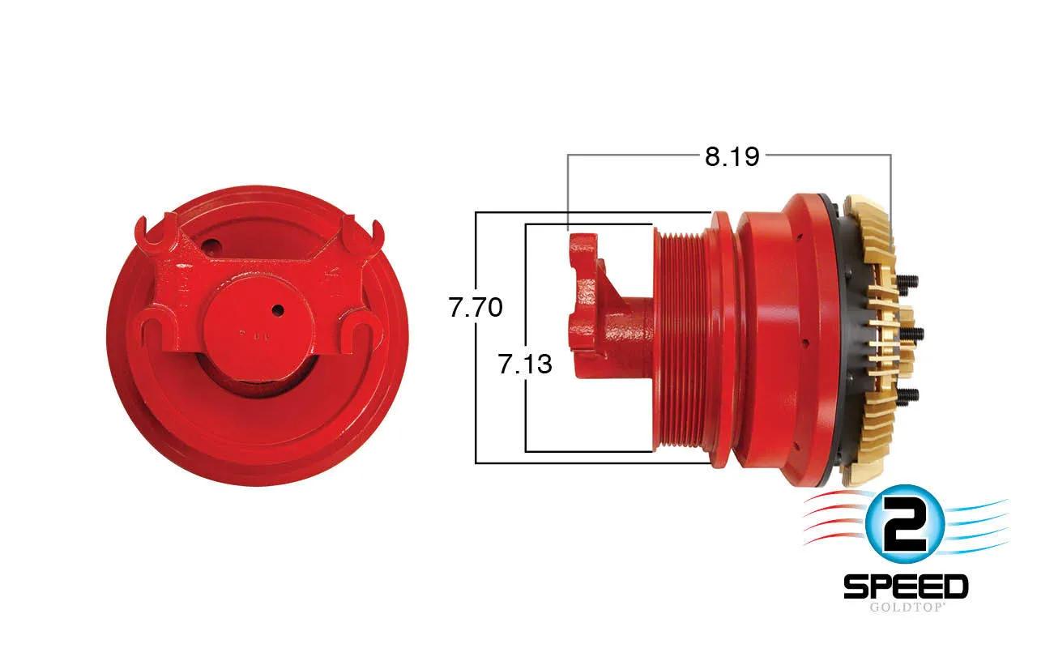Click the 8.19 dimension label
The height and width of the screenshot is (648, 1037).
click(x=732, y=156)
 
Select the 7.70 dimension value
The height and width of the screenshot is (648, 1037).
click(x=476, y=307)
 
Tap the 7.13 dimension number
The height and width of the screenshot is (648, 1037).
click(x=525, y=364)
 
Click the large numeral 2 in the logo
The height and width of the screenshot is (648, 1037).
click(x=905, y=526)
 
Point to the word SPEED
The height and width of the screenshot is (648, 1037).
click(x=906, y=586)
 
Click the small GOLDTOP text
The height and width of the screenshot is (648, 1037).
click(x=906, y=607)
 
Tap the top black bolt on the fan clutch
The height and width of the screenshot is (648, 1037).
click(x=907, y=280)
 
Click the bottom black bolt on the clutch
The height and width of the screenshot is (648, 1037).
click(x=908, y=394)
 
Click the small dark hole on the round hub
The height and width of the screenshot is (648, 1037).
click(x=278, y=309)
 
